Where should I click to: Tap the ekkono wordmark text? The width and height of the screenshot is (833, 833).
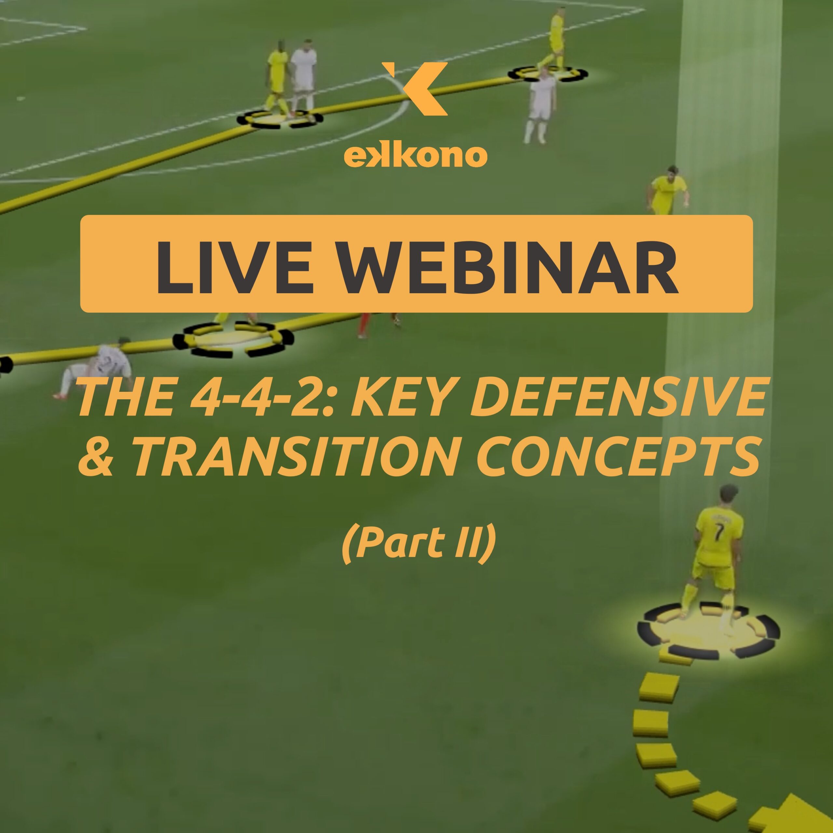[416, 156]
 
